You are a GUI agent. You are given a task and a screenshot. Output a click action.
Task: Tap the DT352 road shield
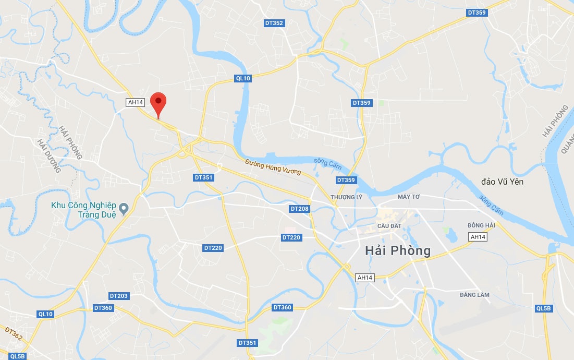click(274, 23)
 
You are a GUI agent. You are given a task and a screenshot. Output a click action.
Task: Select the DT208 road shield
click(299, 209)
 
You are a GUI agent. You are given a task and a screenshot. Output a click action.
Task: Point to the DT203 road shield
click(119, 296)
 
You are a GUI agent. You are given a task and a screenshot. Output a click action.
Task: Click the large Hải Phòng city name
click(398, 251)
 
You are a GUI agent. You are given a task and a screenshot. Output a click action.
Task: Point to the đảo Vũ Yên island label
click(502, 182)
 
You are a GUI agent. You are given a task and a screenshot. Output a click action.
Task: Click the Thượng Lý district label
click(346, 197)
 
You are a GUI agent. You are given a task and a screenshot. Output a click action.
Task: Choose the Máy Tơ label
click(408, 197)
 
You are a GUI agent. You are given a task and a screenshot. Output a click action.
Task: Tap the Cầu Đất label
click(389, 226)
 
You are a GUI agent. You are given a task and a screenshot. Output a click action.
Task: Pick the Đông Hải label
click(480, 225)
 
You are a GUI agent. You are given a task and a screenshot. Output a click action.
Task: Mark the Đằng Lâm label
click(474, 295)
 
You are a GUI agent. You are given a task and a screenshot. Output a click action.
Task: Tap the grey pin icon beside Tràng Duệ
click(124, 209)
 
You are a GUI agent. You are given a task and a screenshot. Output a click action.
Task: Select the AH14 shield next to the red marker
click(135, 103)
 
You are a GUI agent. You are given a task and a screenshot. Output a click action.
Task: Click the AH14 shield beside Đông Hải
click(478, 237)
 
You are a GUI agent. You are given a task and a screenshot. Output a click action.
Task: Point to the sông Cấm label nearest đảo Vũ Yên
click(491, 205)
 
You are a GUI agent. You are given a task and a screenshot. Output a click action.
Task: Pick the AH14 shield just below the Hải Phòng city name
click(365, 278)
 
